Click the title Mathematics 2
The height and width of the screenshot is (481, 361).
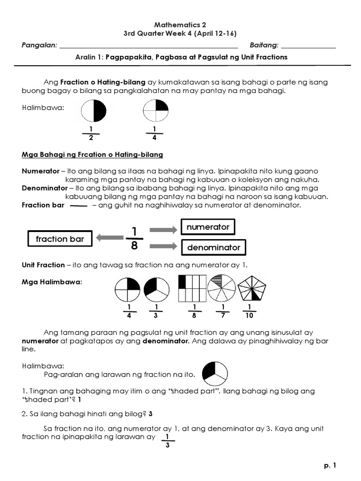click(180, 25)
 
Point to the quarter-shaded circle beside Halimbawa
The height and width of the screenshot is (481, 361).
click(156, 111)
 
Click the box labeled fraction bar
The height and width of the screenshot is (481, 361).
click(60, 239)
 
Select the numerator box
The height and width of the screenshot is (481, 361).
click(208, 227)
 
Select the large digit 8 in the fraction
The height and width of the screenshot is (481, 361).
click(134, 247)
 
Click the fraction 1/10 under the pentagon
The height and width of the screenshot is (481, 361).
click(250, 311)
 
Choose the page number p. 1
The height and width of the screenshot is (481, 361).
click(330, 465)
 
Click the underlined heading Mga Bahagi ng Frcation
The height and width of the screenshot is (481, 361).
click(92, 155)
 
